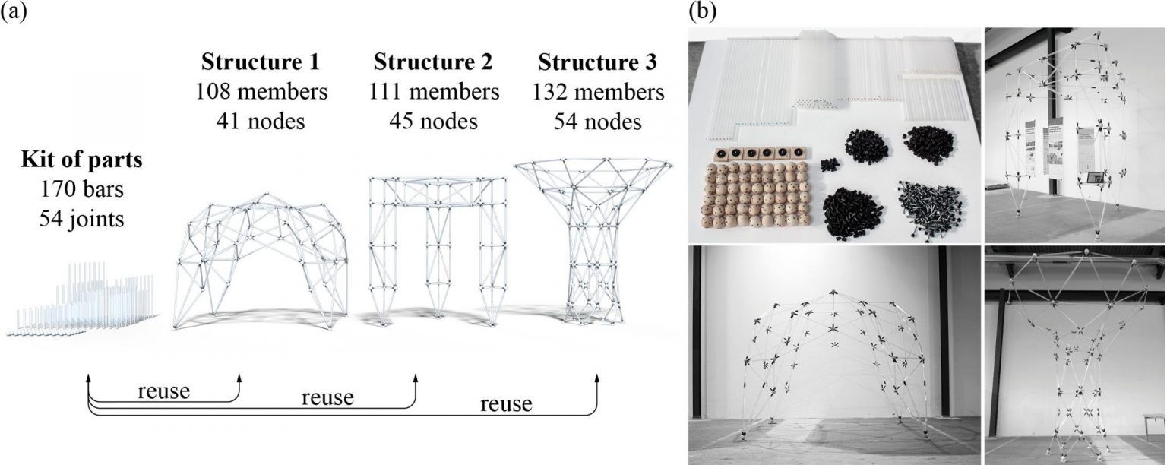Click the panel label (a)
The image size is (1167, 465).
coord(13,13)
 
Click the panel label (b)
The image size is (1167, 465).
coord(701,11)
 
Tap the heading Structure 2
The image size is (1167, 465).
coord(434,61)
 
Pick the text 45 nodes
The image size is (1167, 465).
coord(434,121)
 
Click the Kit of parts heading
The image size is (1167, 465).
coord(81,161)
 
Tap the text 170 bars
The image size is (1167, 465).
coord(81,191)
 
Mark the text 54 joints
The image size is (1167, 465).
coord(81,220)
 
